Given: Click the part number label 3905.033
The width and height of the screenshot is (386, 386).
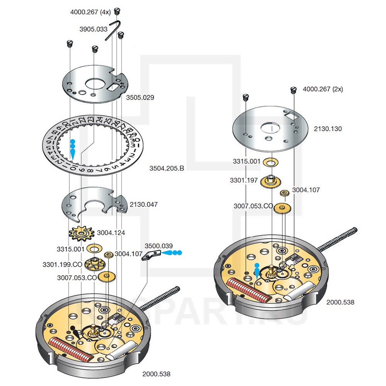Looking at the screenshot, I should pyautogui.click(x=93, y=29).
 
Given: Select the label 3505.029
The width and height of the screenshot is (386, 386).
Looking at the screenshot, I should pyautogui.click(x=140, y=98).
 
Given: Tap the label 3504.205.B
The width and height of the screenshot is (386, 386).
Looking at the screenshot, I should pyautogui.click(x=167, y=168).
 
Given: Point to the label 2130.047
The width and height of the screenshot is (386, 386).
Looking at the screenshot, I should pyautogui.click(x=144, y=205).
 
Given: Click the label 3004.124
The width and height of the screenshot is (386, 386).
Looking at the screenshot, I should pyautogui.click(x=111, y=233).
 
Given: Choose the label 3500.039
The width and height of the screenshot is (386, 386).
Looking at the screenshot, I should pyautogui.click(x=159, y=246).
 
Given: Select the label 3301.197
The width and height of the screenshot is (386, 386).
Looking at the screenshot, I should pyautogui.click(x=244, y=180).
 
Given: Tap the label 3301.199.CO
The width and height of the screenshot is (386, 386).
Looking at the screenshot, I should pyautogui.click(x=63, y=265).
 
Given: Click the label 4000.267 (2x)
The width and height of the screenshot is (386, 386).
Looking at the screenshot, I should pyautogui.click(x=322, y=89).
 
